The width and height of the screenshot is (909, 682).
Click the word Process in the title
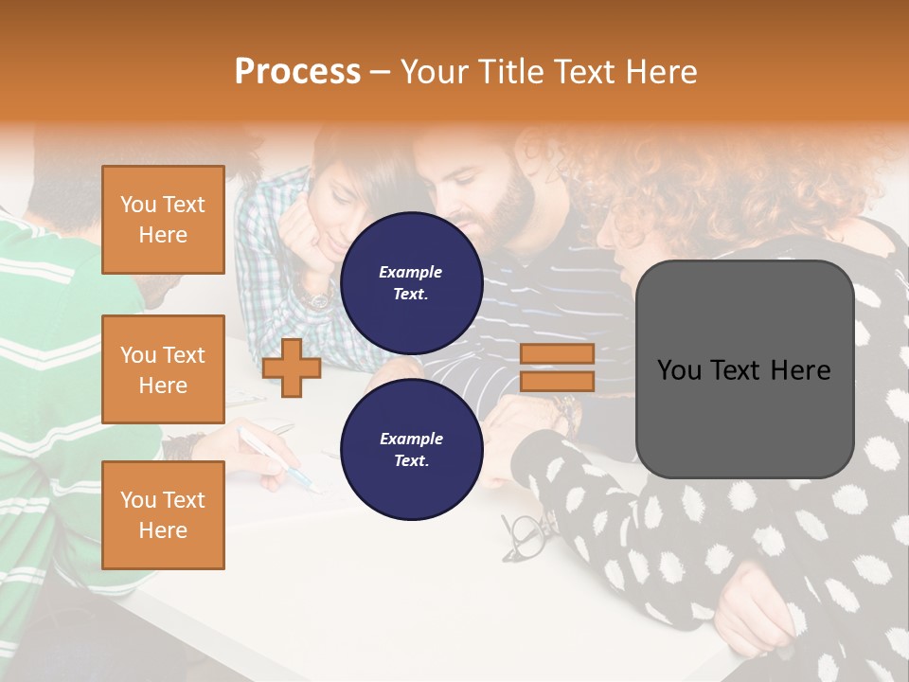(297, 71)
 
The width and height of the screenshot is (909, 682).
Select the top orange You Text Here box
(163, 220)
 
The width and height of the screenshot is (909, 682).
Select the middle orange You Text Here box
(163, 369)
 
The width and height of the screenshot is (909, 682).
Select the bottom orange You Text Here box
(163, 514)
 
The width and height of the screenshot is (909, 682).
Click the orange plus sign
(292, 367)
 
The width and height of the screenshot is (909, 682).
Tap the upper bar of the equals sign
(557, 354)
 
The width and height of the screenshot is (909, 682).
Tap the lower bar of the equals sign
(557, 381)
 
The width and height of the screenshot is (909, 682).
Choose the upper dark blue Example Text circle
(411, 282)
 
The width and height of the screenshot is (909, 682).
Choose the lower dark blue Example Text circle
(411, 449)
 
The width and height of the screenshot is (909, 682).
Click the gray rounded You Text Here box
(744, 369)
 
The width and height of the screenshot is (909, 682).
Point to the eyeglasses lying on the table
(526, 535)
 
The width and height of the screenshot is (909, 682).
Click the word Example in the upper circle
(411, 272)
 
